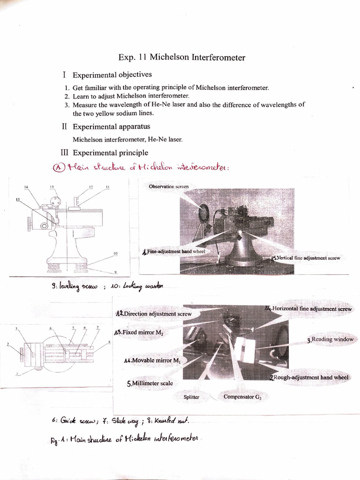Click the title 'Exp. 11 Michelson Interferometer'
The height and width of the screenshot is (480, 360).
181,58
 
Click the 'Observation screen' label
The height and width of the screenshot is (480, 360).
169,187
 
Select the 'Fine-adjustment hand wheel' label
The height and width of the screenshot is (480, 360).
175,252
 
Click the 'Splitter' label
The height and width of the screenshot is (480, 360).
191,397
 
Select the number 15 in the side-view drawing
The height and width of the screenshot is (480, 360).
18,199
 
